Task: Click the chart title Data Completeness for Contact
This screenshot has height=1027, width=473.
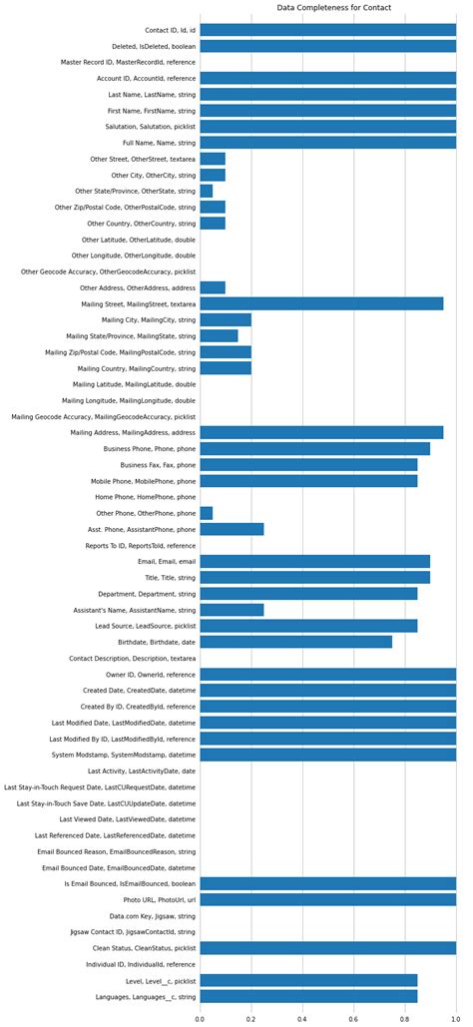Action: click(x=333, y=8)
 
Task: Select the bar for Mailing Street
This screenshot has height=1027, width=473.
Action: click(x=321, y=303)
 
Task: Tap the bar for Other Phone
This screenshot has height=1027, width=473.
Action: click(x=206, y=513)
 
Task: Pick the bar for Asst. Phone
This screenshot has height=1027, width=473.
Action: click(x=232, y=529)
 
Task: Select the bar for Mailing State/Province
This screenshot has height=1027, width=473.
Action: click(x=219, y=335)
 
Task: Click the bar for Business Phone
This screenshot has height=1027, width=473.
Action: click(x=314, y=449)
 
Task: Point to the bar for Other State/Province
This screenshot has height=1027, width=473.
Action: click(x=206, y=191)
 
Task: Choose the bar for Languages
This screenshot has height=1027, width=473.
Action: click(x=308, y=996)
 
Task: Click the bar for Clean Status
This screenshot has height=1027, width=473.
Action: click(x=327, y=948)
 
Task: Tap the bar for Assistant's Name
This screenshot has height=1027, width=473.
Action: click(x=232, y=610)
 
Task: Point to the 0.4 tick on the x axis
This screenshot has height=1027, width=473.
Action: click(x=302, y=1019)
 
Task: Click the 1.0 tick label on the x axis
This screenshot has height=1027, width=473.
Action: click(x=456, y=1019)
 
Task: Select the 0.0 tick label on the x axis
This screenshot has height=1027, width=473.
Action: click(x=200, y=1019)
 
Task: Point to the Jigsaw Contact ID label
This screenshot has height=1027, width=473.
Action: click(x=133, y=932)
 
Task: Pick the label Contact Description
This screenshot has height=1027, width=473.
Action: click(x=132, y=659)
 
